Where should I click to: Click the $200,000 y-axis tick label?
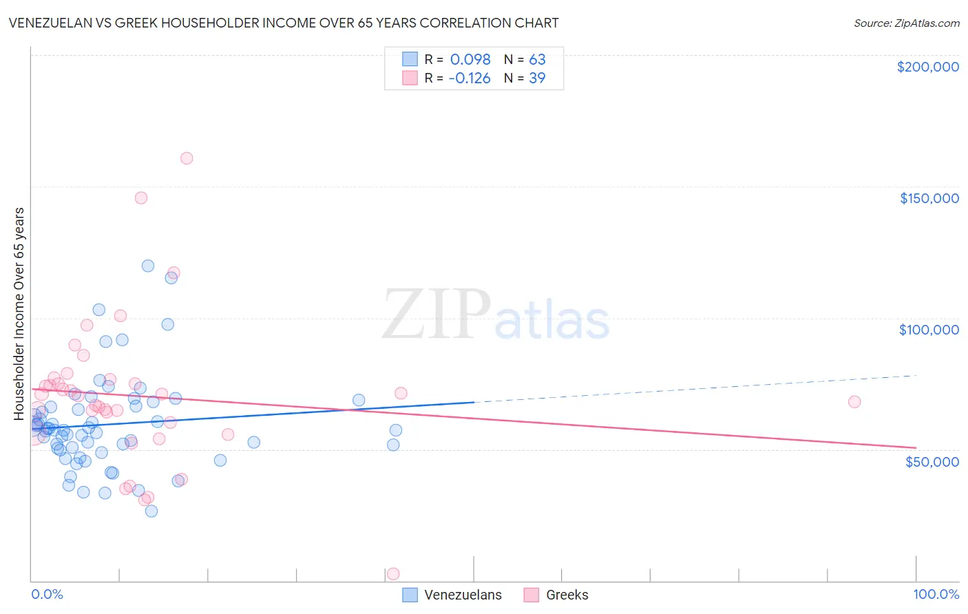927,67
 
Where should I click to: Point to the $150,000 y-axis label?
929,198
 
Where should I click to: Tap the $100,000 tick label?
929,330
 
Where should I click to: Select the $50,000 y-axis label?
932,461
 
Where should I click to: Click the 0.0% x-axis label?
47,594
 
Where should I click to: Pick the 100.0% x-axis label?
936,594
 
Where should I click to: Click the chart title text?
284,23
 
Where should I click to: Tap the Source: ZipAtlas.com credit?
906,23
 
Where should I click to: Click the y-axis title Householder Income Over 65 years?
19,313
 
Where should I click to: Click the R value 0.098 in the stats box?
470,59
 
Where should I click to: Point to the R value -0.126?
469,78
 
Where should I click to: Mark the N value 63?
537,59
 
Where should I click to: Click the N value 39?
537,78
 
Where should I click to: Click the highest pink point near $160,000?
186,158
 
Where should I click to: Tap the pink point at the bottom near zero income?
393,573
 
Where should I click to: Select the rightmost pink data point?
854,402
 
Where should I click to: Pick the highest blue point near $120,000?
148,266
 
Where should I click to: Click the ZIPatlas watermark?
496,315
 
